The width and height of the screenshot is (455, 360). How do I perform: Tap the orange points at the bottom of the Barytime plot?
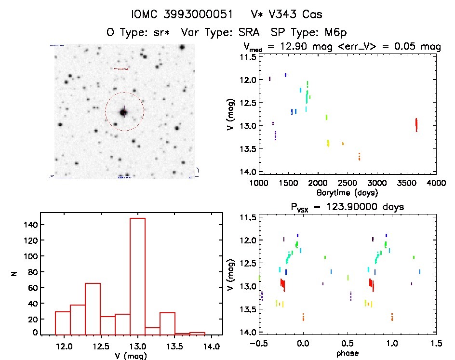click(359, 157)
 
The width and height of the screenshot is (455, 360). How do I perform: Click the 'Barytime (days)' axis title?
click(348, 192)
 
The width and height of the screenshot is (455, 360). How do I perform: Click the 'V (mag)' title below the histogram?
click(130, 356)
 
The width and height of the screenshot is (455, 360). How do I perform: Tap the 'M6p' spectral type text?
click(334, 32)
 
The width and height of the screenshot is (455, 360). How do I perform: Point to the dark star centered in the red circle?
click(123, 112)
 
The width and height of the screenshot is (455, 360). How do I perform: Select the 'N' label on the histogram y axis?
click(14, 275)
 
